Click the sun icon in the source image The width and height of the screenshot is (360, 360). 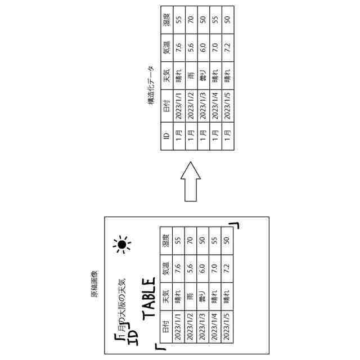pyautogui.click(x=121, y=244)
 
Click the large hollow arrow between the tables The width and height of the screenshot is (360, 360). pyautogui.click(x=190, y=182)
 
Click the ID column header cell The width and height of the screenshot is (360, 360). pyautogui.click(x=166, y=137)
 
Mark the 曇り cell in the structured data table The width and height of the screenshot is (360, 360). pyautogui.click(x=203, y=75)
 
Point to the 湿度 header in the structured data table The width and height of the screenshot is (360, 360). pyautogui.click(x=166, y=21)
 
